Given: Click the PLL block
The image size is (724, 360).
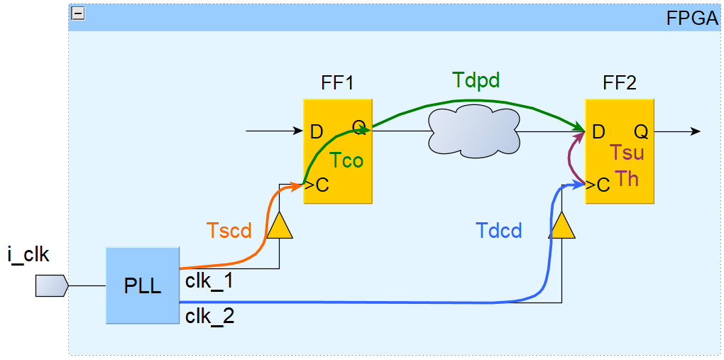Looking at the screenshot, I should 142,286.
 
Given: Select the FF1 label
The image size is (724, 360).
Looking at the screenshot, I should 337,83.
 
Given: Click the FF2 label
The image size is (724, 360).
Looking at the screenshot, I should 620,83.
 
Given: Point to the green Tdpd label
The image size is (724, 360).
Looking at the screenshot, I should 476,80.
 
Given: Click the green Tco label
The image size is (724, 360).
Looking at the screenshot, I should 346,160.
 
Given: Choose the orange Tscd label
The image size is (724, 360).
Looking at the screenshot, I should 229,231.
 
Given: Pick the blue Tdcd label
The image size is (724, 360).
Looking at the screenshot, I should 499,231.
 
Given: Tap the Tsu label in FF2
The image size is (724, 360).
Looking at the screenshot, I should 627,153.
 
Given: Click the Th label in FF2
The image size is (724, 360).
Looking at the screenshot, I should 627,178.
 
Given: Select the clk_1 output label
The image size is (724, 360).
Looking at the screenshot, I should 209,281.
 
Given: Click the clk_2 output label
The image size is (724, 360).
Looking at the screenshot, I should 209,316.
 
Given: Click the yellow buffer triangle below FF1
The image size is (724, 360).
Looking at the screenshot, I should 279,225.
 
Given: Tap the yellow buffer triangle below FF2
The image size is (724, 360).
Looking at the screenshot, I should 562,225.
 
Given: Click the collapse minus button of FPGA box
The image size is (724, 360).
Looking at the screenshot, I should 78,13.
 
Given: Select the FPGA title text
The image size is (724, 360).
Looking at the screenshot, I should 692,18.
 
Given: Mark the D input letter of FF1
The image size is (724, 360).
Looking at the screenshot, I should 317,131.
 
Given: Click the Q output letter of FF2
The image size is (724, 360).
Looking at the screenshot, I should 640,131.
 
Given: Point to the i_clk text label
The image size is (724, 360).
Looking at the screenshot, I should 28,253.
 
